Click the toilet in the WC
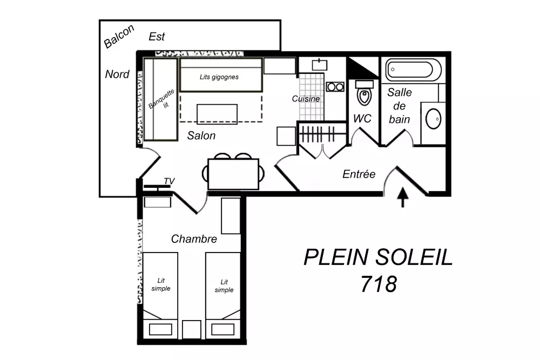364,94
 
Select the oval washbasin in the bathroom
434,119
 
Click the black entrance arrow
403,197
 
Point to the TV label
169,181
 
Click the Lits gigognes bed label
219,77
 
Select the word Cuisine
306,99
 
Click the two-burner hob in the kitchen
335,86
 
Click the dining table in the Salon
233,174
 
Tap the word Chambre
194,239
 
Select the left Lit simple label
160,284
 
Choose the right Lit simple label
224,286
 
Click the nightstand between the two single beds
191,329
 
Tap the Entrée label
359,174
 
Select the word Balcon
119,37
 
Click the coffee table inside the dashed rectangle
217,114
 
